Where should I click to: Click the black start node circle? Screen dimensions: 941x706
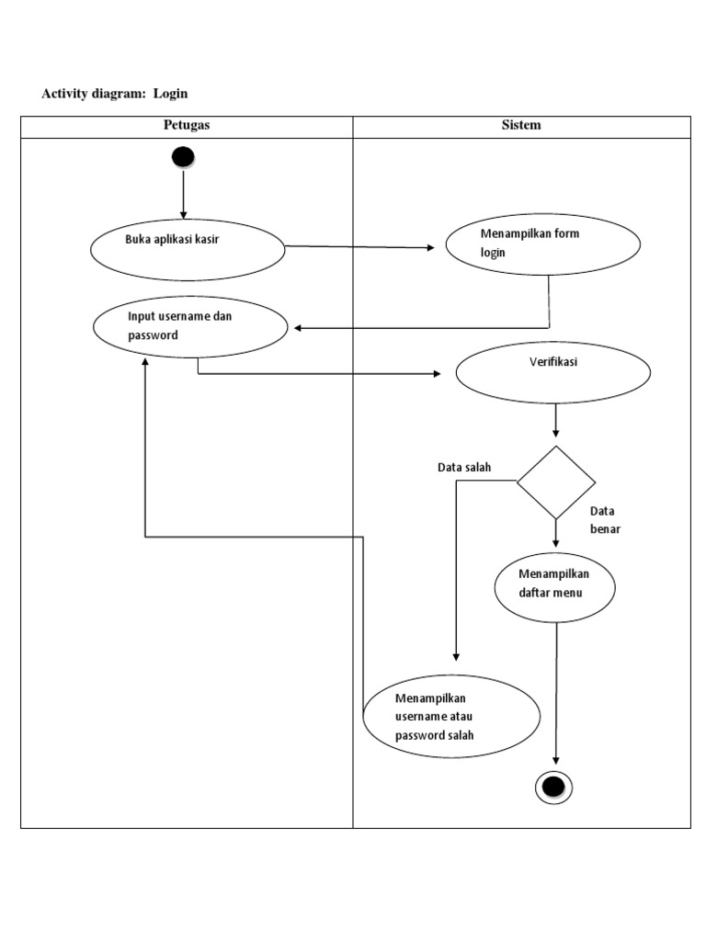click(x=183, y=157)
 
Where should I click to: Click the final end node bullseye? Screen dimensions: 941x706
click(x=553, y=787)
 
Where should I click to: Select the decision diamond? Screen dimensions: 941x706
click(x=555, y=482)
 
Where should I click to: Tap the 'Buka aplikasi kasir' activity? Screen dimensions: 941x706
click(x=188, y=249)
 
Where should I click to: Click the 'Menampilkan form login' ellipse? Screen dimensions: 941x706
click(x=542, y=244)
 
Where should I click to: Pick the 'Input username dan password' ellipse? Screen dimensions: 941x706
click(x=189, y=326)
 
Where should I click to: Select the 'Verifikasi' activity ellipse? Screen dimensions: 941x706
click(x=553, y=372)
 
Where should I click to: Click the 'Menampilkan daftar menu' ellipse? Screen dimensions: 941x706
click(x=554, y=587)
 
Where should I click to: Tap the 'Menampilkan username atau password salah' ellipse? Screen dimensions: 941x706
click(x=451, y=717)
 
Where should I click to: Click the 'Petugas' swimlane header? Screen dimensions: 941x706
click(x=187, y=126)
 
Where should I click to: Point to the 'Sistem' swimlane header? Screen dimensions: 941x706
click(x=521, y=126)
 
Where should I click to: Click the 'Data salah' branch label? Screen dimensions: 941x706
click(x=464, y=468)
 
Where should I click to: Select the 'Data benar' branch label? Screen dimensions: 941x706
click(x=605, y=520)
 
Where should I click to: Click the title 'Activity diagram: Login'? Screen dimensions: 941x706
click(x=115, y=94)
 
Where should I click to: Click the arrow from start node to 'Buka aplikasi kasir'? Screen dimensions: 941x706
click(x=184, y=195)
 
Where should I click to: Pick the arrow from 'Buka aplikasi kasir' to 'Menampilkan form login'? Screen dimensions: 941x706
click(x=363, y=247)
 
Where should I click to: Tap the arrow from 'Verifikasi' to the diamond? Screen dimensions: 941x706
click(x=555, y=421)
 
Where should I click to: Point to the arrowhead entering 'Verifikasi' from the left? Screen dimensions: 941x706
click(x=436, y=374)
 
